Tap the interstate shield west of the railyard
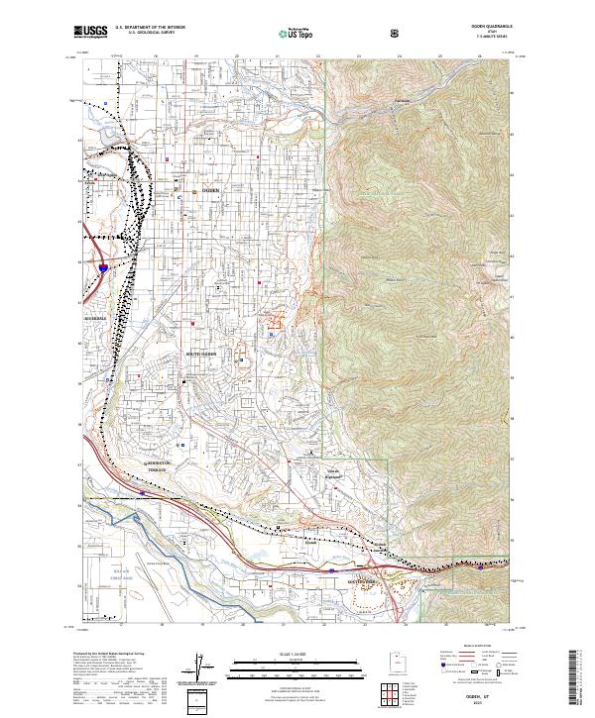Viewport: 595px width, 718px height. click(x=105, y=266)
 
